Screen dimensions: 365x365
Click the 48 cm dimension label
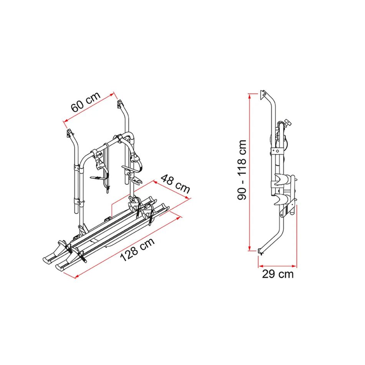(175, 184)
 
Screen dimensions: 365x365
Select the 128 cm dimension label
(137, 249)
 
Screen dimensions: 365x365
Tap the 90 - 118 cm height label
(242, 170)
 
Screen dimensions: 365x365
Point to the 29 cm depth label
(278, 274)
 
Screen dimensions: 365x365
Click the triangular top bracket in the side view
(263, 95)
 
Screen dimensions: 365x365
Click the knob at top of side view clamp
(288, 122)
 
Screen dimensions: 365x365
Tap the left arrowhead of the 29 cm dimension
(261, 266)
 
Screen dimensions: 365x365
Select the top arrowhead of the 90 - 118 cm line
(250, 96)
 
